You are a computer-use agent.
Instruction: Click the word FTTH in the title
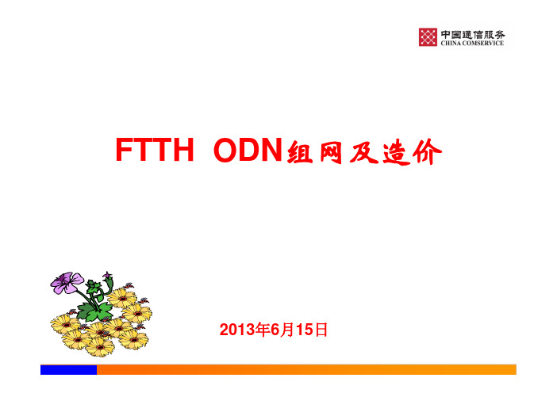tap(155, 150)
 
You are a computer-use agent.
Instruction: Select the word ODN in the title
tap(248, 150)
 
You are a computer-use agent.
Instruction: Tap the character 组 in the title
tap(300, 152)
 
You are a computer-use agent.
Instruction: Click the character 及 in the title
tap(363, 152)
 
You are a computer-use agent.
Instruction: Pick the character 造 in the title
tap(396, 152)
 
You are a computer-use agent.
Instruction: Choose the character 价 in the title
tap(428, 152)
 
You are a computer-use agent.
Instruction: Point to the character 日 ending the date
tap(321, 330)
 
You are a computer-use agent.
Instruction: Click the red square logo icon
tap(428, 37)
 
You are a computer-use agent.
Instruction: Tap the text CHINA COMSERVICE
tap(472, 43)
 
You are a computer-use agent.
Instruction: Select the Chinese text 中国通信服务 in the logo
tap(472, 34)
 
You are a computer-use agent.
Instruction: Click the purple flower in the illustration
tap(67, 283)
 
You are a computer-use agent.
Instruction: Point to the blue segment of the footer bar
tap(68, 369)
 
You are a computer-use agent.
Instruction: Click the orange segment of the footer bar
tap(306, 369)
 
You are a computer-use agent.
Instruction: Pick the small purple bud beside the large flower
tap(107, 276)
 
